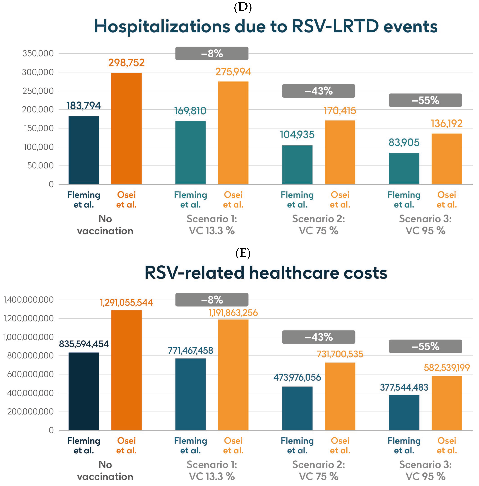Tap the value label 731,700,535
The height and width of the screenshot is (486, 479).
(x=340, y=354)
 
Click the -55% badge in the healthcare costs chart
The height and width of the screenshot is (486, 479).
(x=425, y=346)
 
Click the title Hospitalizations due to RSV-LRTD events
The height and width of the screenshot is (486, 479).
(x=266, y=26)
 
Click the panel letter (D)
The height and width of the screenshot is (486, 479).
(x=243, y=7)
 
